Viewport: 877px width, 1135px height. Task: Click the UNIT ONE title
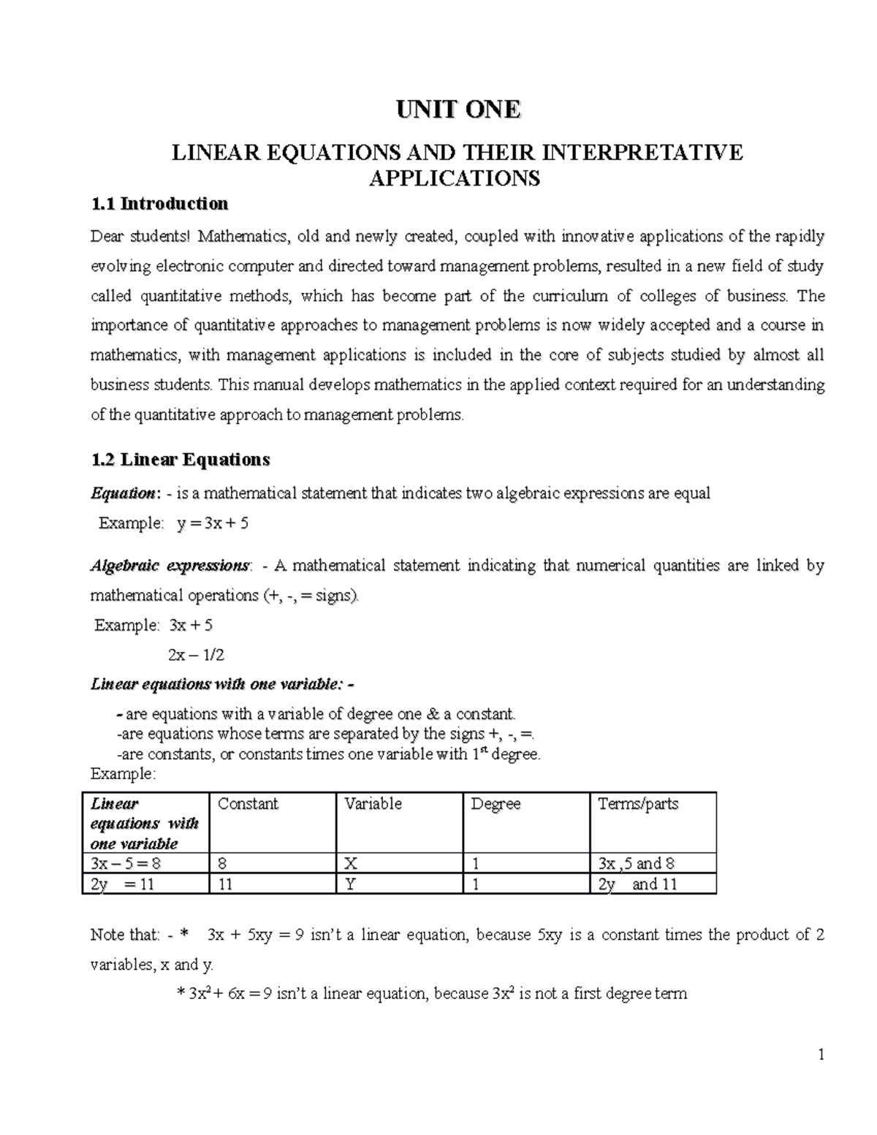pyautogui.click(x=458, y=110)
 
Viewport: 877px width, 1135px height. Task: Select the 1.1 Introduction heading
pyautogui.click(x=159, y=203)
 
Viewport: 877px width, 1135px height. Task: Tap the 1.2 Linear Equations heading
pyautogui.click(x=180, y=460)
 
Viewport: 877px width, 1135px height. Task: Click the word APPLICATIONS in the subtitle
pyautogui.click(x=455, y=178)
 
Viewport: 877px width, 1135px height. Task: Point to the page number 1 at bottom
pyautogui.click(x=821, y=1055)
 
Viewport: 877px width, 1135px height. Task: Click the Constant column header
pyautogui.click(x=248, y=804)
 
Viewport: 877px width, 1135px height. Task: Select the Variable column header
pyautogui.click(x=373, y=804)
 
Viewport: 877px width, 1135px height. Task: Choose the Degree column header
pyautogui.click(x=496, y=804)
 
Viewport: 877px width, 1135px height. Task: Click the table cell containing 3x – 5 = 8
pyautogui.click(x=125, y=863)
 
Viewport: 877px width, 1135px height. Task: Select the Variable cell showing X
pyautogui.click(x=351, y=863)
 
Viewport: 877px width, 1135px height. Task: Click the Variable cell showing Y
pyautogui.click(x=351, y=884)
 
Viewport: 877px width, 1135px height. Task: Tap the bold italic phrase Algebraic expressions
pyautogui.click(x=170, y=566)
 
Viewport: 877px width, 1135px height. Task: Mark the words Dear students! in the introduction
pyautogui.click(x=140, y=236)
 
